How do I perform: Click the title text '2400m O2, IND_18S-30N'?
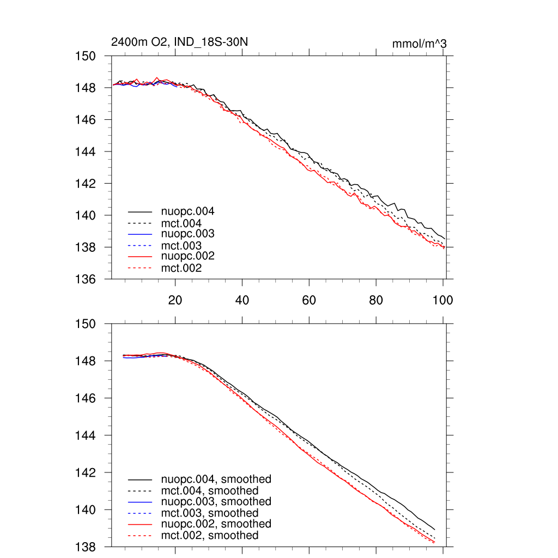(x=179, y=42)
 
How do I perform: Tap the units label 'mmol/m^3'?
(x=420, y=43)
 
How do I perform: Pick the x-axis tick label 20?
(x=175, y=300)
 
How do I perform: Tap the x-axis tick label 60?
(x=309, y=300)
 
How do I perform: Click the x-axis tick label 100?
(x=442, y=300)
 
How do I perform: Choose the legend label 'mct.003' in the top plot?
(x=181, y=246)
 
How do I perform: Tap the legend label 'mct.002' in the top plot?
(x=181, y=268)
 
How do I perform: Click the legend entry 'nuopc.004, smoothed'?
(x=216, y=480)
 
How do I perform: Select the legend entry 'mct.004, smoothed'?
(x=210, y=490)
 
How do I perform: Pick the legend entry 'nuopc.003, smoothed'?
(x=216, y=501)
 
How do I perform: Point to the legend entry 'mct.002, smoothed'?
(x=210, y=536)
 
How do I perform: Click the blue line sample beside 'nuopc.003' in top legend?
(x=139, y=234)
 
